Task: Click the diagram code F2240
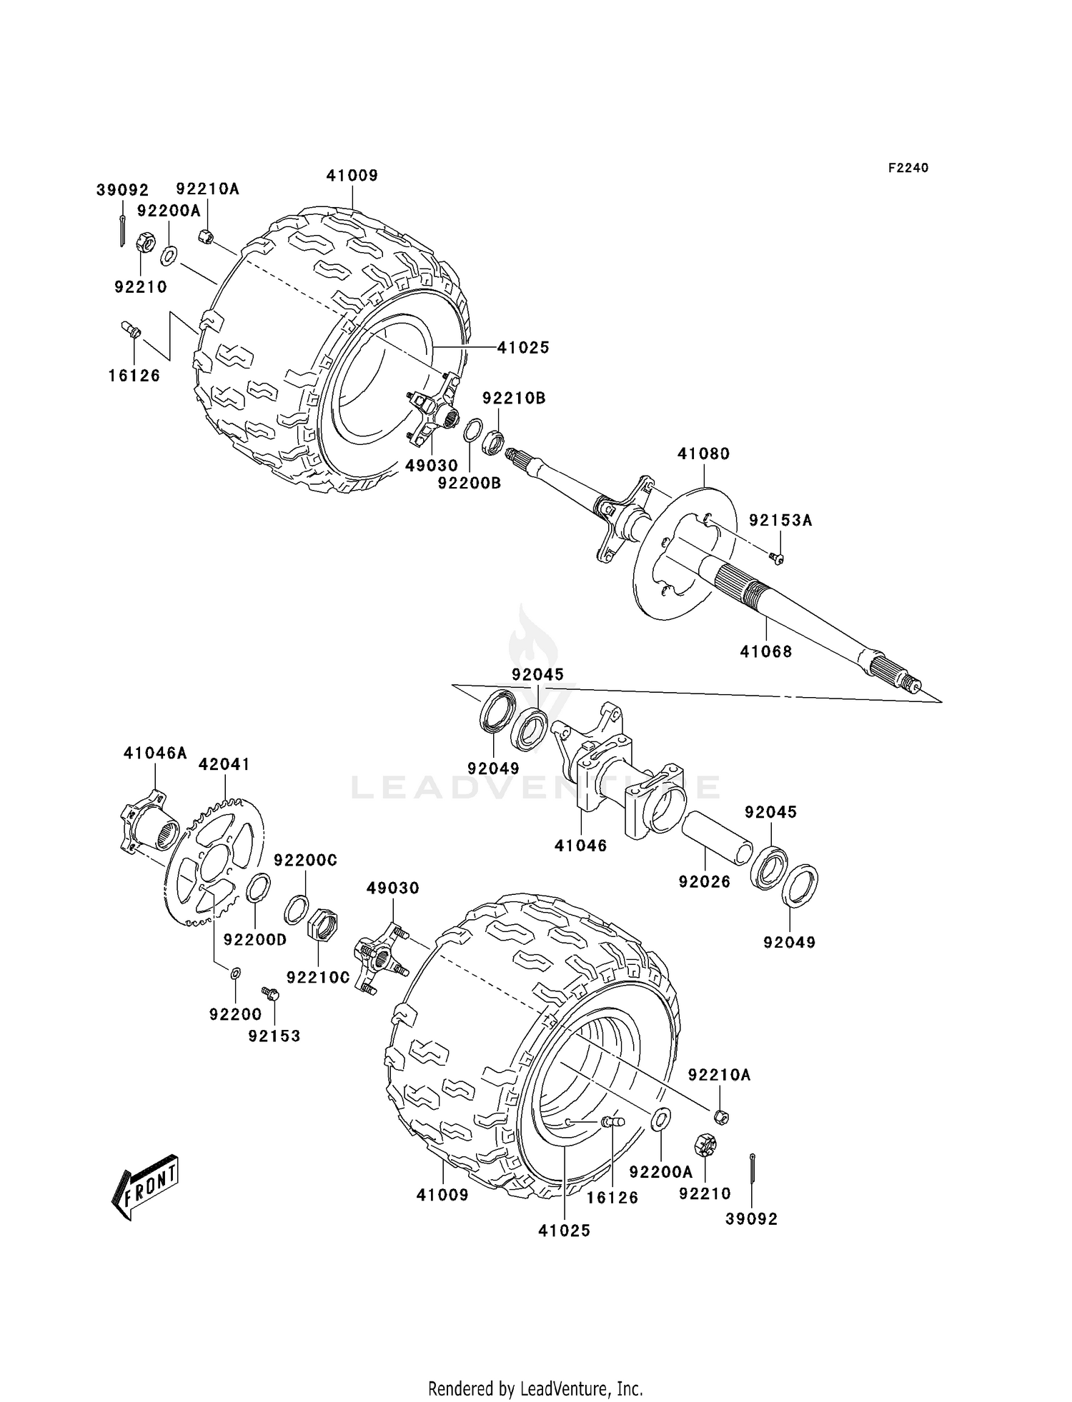[x=908, y=168]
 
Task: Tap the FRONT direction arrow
[x=145, y=1186]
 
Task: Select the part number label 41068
[x=766, y=651]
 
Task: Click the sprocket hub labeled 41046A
[x=147, y=821]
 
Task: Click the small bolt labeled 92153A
[x=778, y=558]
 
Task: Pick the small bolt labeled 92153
[x=270, y=993]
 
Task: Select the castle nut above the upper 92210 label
[x=145, y=244]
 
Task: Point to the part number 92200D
[x=254, y=940]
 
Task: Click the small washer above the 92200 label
[x=235, y=973]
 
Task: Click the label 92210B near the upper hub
[x=513, y=398]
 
